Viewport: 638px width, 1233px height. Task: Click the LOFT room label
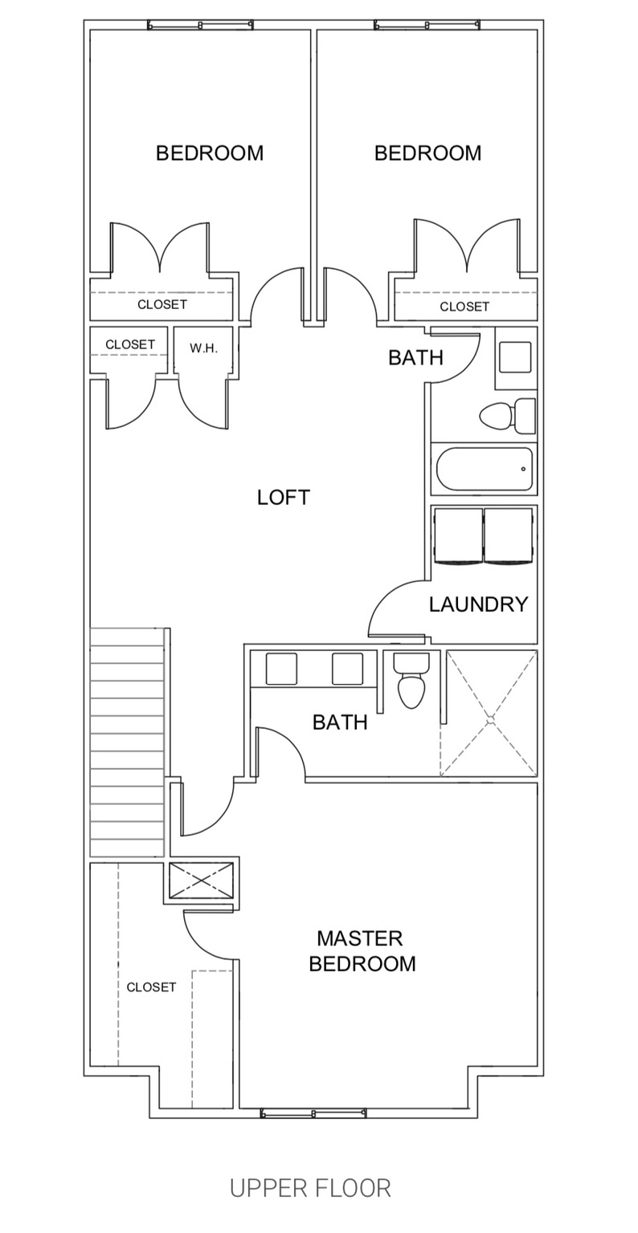point(283,498)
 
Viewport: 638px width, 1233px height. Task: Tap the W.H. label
point(204,348)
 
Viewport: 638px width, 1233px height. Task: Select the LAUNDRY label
point(478,604)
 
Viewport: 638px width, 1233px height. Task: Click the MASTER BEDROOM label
point(362,950)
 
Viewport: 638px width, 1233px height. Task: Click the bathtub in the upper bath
point(485,469)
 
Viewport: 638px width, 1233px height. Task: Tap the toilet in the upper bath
point(507,416)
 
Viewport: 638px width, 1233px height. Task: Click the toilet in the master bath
point(411,680)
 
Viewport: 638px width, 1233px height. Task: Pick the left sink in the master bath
point(281,669)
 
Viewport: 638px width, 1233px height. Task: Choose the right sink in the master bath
point(348,669)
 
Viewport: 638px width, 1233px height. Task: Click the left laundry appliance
point(458,535)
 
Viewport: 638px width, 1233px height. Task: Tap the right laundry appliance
point(509,535)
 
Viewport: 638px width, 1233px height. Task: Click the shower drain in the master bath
point(489,720)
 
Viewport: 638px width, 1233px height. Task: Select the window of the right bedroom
point(427,25)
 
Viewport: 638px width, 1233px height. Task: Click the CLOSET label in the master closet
point(151,987)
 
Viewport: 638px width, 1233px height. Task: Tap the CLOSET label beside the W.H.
point(130,344)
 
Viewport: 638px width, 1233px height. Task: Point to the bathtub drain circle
point(523,469)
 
